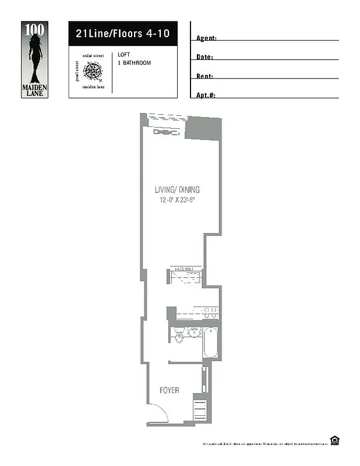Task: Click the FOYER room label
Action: tap(169, 390)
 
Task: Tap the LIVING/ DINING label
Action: tap(177, 189)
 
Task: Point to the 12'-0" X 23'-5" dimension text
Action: tap(180, 200)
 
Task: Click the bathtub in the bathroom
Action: tap(210, 343)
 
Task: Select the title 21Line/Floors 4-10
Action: tap(122, 34)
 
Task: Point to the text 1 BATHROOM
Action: tap(134, 62)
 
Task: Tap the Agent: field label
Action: tap(206, 38)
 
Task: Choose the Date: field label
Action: tap(204, 58)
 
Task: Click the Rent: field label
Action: tap(204, 76)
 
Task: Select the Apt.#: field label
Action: tap(206, 95)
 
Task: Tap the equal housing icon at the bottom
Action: tap(335, 440)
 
